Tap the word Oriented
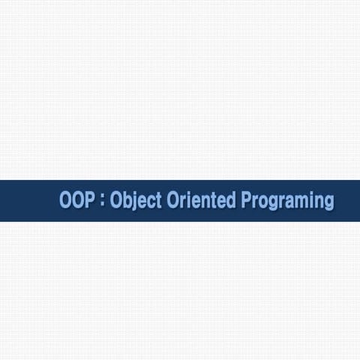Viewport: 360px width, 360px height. click(194, 201)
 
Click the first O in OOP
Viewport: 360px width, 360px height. click(66, 201)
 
